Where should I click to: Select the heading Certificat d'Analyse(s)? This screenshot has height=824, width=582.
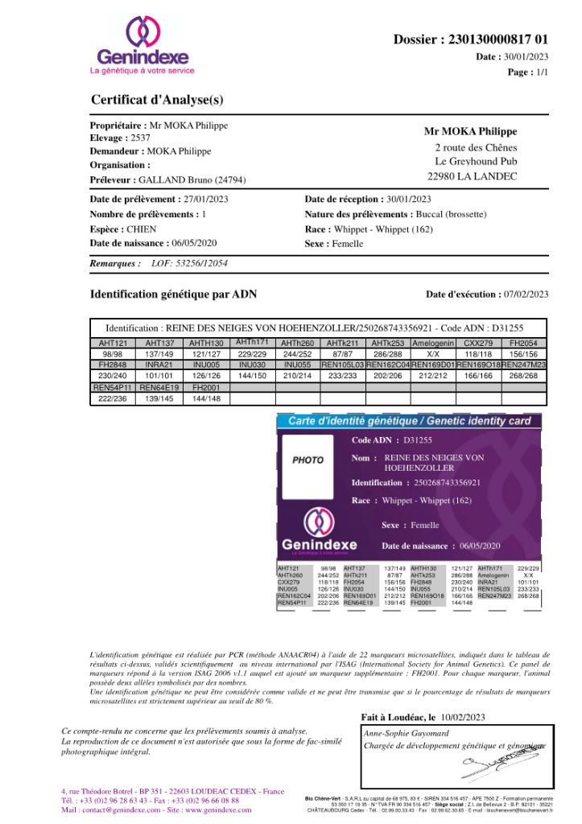157,101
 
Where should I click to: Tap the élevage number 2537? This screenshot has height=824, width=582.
140,138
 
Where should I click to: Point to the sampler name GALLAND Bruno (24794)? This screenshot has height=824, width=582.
192,180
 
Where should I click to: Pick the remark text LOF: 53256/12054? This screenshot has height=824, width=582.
189,263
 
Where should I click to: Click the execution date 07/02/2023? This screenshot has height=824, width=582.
526,295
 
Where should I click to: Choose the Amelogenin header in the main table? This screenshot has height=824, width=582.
433,344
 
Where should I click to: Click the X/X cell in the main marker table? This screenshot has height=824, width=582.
433,354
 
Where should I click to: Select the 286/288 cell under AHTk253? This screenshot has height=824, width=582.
387,354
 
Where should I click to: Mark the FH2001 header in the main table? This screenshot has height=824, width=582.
206,387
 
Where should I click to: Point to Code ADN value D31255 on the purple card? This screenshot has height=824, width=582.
418,440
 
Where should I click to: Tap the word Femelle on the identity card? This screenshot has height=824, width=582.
425,525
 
